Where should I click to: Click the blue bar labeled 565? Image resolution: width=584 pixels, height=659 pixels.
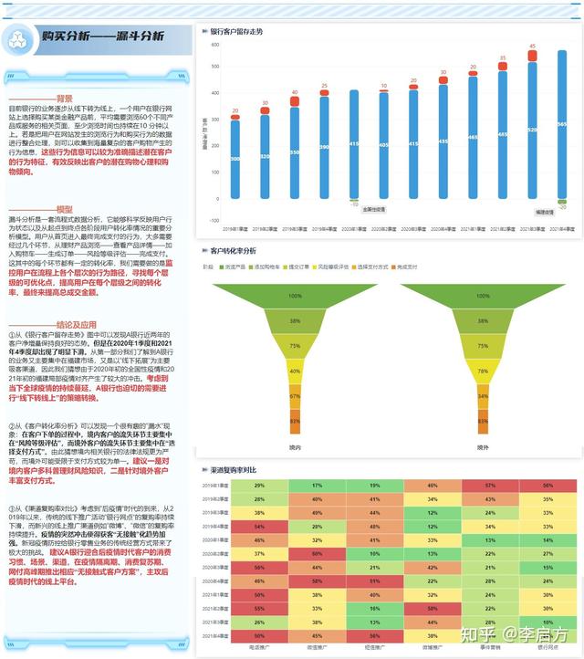(x=561, y=124)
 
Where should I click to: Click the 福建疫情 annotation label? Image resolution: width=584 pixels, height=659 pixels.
(x=544, y=212)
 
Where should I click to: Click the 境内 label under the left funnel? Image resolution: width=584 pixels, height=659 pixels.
(x=294, y=447)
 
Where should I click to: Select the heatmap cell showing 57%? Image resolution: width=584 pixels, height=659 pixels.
(x=491, y=486)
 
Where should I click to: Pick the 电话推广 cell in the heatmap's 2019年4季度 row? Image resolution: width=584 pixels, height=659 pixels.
(x=260, y=527)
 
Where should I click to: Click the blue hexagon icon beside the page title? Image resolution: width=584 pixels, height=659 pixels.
(x=16, y=37)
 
